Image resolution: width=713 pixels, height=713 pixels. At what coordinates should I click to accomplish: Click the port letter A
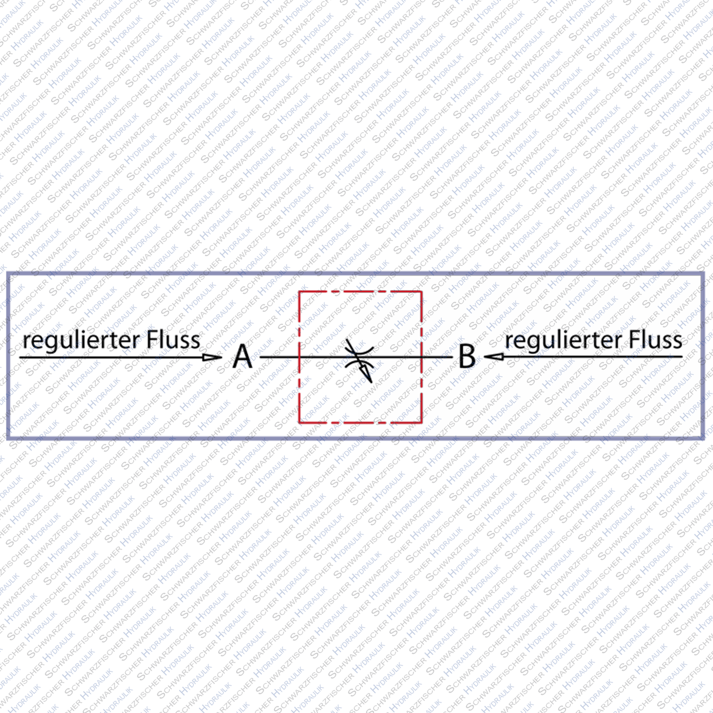(x=242, y=356)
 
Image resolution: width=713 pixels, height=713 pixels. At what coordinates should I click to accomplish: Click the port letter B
(x=467, y=356)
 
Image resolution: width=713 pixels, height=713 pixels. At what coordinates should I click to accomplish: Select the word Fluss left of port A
(x=173, y=339)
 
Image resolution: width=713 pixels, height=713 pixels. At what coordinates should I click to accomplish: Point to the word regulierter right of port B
(x=562, y=341)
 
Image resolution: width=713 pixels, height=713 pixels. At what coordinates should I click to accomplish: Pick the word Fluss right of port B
(x=655, y=339)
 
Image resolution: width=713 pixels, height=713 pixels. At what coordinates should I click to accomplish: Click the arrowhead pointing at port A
(x=211, y=356)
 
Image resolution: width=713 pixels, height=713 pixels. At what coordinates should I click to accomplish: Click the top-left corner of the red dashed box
(x=300, y=292)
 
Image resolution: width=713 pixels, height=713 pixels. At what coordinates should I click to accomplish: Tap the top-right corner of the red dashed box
(x=422, y=292)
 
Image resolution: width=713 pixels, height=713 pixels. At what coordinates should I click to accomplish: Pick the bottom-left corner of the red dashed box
(x=300, y=422)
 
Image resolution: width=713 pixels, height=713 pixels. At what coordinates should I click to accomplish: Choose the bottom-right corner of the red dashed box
(x=422, y=422)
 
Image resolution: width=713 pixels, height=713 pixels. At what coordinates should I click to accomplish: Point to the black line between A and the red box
(x=280, y=356)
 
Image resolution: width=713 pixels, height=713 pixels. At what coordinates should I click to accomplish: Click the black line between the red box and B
(x=438, y=356)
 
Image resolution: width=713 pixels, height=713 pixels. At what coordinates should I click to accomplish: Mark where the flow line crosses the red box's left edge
(x=300, y=356)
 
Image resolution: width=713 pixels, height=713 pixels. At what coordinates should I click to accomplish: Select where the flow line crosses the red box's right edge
(x=422, y=356)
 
